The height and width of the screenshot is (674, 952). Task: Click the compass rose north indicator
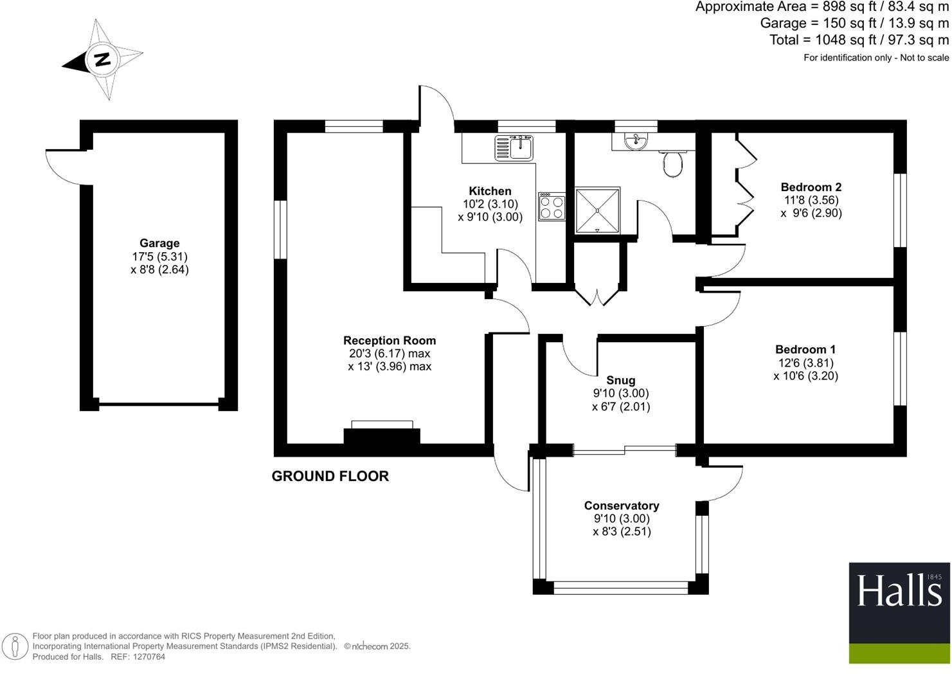point(102,60)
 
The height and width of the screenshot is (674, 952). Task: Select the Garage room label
point(159,243)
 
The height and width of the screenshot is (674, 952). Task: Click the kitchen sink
point(514,147)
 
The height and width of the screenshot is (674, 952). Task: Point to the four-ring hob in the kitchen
point(552,206)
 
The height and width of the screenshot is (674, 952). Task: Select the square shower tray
point(597,210)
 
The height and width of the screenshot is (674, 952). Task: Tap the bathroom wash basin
point(636,141)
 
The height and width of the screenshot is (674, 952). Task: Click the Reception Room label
point(389,340)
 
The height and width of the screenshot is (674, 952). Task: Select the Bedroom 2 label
point(811,187)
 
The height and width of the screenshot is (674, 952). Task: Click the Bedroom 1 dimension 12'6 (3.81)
point(805,363)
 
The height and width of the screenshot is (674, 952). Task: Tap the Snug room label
point(620,380)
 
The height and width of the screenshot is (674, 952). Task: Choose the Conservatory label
point(621,506)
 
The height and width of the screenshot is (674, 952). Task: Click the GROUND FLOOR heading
point(330,476)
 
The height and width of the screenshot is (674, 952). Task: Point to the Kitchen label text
point(490,191)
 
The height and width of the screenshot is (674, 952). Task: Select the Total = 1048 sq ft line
point(859,40)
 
